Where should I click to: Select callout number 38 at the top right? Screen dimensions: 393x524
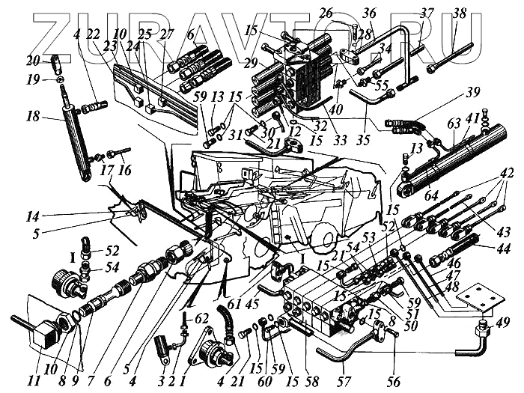(459, 13)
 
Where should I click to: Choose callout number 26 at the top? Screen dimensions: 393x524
(325, 13)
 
